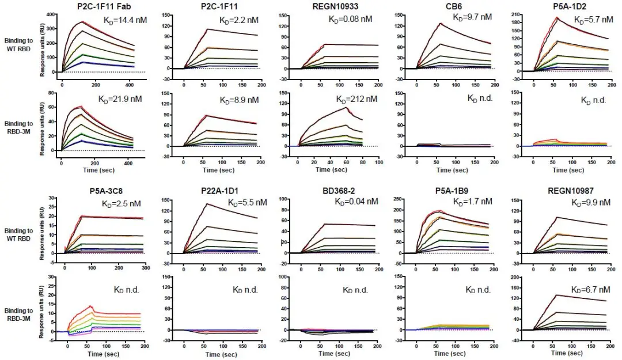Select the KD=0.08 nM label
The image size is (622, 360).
tap(350, 18)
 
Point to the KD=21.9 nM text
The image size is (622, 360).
tap(120, 99)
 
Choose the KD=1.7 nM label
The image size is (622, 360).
tap(472, 202)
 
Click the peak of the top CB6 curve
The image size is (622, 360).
tap(441, 23)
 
